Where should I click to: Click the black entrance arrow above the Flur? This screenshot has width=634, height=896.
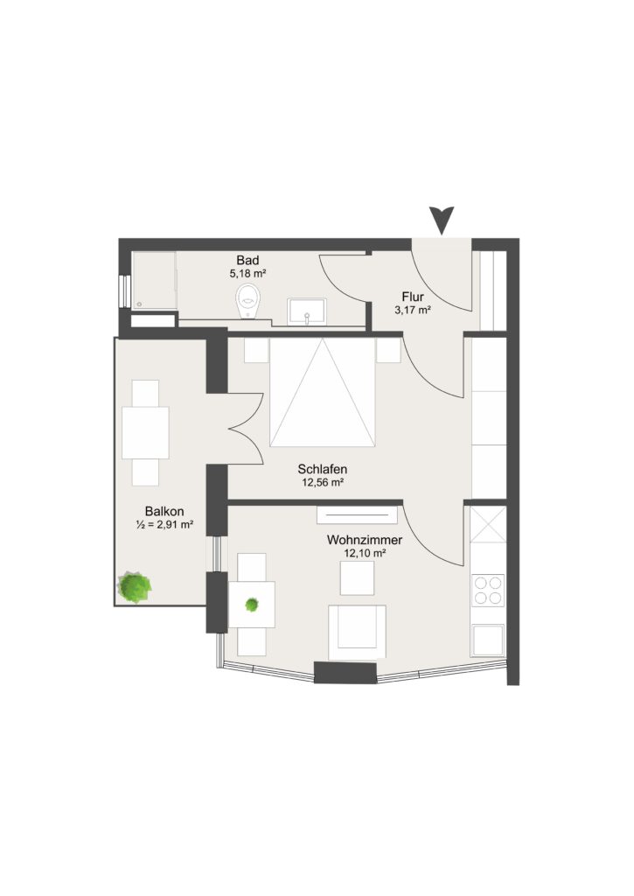[442, 220]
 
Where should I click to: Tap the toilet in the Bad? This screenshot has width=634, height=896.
[248, 302]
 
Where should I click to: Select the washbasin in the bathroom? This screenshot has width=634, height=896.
[307, 311]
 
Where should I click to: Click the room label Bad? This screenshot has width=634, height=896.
[247, 261]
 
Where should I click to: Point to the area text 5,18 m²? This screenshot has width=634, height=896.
[247, 274]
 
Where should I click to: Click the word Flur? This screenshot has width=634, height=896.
[413, 297]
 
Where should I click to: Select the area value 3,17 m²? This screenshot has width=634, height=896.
[413, 311]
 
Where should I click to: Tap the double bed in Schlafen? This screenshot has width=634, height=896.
[323, 392]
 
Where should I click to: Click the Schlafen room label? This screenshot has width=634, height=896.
[322, 469]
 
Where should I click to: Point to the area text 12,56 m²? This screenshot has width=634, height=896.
[322, 483]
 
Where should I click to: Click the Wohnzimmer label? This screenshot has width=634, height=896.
[365, 539]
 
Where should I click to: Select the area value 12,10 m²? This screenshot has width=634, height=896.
[365, 553]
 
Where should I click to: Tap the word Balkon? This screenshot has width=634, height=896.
[164, 511]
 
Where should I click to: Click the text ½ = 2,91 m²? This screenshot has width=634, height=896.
[164, 525]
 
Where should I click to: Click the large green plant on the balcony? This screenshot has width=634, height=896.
[135, 587]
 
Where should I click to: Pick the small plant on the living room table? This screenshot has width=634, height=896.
[252, 604]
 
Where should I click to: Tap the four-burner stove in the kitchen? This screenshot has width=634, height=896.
[488, 591]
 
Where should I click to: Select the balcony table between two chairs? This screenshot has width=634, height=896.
[146, 432]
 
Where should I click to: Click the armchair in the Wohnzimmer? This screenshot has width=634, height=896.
[357, 633]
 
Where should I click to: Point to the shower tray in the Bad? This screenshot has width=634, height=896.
[154, 281]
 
